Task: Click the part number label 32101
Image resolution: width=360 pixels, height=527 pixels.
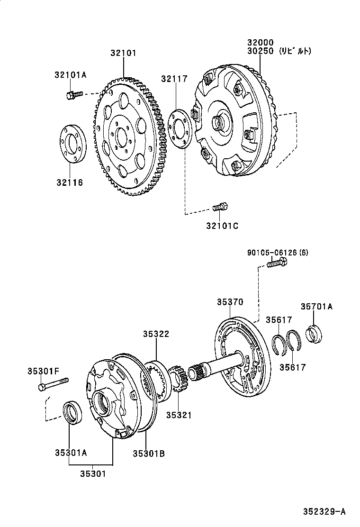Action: click(123, 53)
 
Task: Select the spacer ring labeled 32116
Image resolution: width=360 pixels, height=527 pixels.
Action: click(72, 143)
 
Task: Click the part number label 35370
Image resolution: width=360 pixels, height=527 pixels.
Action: click(230, 301)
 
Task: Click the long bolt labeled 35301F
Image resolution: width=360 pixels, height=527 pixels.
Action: click(53, 384)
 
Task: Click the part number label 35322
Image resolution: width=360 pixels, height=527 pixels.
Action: click(156, 334)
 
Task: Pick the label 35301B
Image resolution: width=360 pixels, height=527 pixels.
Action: click(149, 453)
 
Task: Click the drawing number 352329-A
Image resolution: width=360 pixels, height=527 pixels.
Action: click(324, 511)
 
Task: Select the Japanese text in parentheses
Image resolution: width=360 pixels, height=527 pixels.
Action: click(295, 51)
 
